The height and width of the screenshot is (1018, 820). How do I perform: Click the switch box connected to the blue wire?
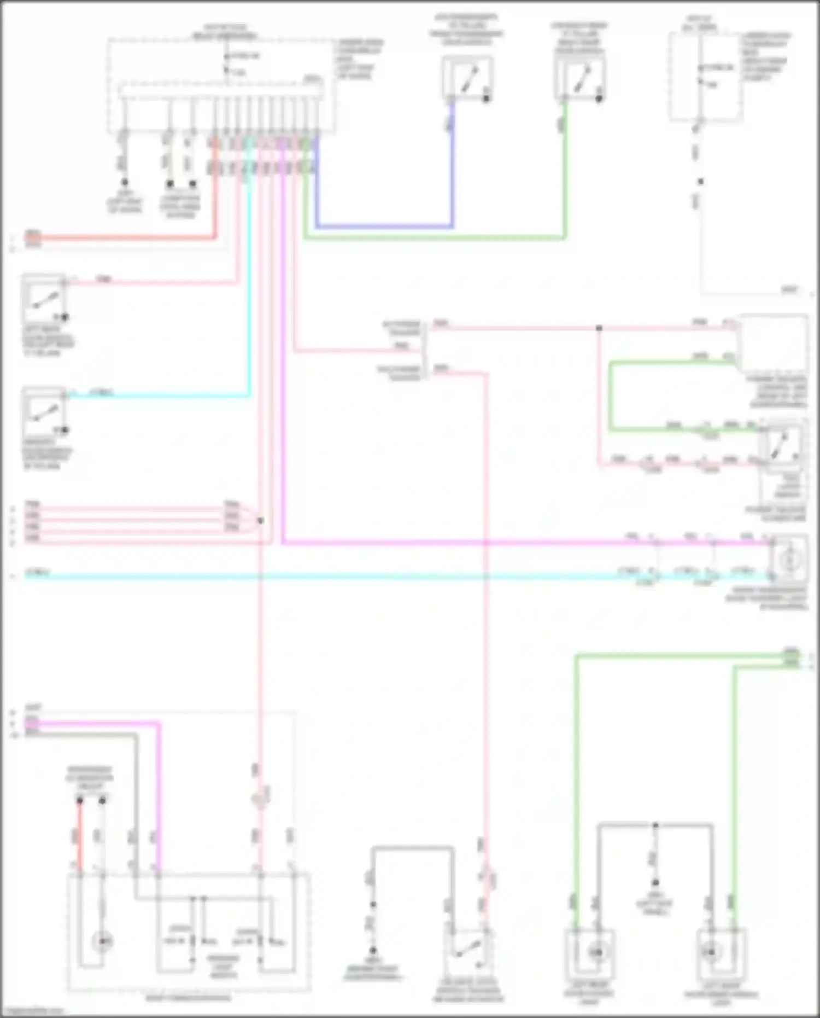[x=467, y=78]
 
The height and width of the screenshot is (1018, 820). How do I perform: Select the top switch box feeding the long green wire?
[x=580, y=78]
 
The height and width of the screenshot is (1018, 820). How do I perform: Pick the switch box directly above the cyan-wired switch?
[x=44, y=298]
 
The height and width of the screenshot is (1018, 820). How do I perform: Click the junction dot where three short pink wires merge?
[x=261, y=520]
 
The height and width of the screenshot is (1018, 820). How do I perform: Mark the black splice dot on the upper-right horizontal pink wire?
[x=599, y=328]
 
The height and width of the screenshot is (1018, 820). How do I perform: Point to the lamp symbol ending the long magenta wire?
[x=788, y=559]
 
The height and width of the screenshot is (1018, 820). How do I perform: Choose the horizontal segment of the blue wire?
[x=383, y=225]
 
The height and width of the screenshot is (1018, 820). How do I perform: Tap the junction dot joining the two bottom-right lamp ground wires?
[x=655, y=825]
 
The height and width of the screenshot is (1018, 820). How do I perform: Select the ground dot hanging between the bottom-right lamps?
[x=655, y=882]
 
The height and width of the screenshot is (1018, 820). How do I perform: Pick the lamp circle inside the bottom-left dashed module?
[x=102, y=941]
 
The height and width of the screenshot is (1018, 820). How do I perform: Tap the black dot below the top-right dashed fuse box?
[x=700, y=181]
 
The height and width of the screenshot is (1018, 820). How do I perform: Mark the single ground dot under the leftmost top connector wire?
[x=125, y=182]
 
